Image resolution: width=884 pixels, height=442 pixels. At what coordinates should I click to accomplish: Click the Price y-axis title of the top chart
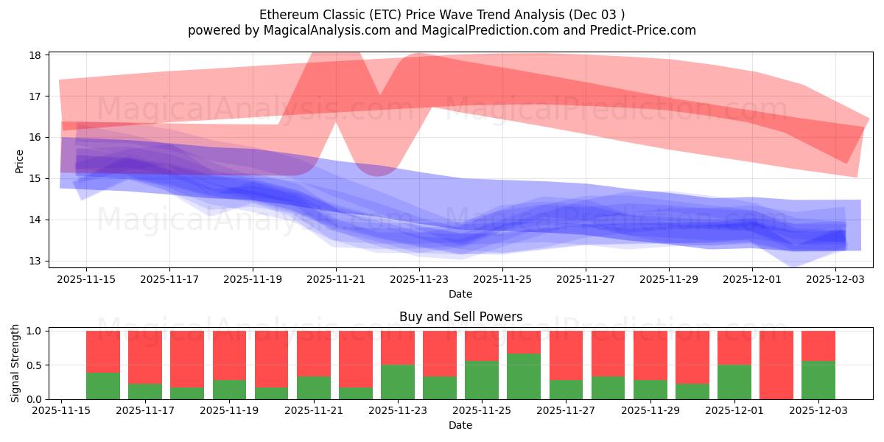[x=20, y=161]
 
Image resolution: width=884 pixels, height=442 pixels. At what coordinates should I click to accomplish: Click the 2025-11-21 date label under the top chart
[x=336, y=279]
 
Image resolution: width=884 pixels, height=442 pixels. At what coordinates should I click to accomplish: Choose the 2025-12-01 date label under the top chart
[x=752, y=279]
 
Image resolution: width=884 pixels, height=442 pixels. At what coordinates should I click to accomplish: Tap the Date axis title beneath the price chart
[x=460, y=294]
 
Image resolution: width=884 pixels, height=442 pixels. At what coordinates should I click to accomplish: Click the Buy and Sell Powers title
[x=460, y=317]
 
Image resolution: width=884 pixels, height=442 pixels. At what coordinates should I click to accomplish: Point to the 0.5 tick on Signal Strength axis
[x=35, y=365]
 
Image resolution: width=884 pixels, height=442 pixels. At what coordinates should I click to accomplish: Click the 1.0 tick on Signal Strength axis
[x=35, y=331]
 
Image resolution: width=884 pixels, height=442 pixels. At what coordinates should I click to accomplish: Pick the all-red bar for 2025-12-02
[x=776, y=365]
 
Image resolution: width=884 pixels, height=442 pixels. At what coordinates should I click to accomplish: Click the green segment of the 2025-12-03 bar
[x=818, y=380]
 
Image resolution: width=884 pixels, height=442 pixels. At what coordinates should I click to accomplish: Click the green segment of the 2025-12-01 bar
[x=734, y=382]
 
